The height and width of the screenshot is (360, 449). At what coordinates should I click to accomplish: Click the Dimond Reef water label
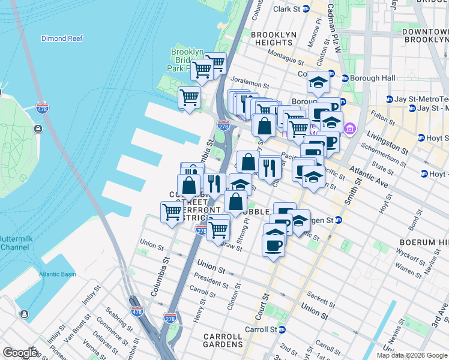61,38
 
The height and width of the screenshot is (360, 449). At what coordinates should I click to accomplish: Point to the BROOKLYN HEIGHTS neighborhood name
273,39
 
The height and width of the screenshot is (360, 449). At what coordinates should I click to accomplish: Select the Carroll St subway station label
264,329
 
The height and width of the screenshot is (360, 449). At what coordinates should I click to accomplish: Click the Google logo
20,352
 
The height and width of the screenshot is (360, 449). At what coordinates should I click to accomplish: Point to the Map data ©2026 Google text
411,355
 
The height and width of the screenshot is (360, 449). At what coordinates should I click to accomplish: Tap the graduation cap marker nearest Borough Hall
319,83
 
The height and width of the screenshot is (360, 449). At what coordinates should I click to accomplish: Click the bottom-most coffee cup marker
274,246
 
